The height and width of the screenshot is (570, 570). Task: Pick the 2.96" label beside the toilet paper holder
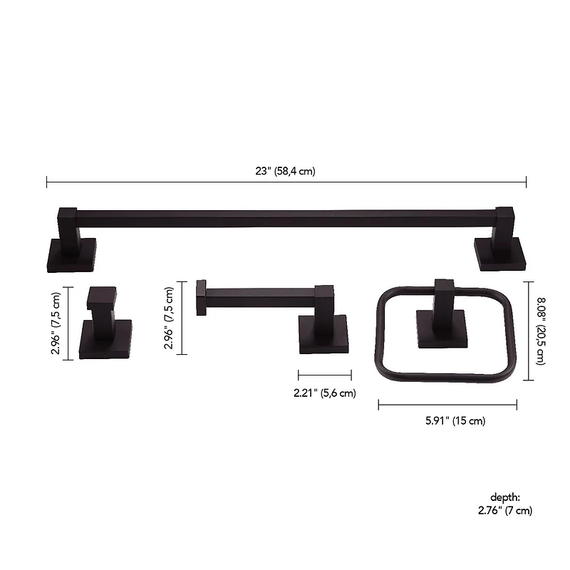pyautogui.click(x=169, y=318)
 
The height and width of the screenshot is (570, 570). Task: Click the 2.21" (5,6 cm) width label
pyautogui.click(x=325, y=393)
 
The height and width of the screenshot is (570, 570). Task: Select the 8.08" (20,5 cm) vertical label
pyautogui.click(x=541, y=331)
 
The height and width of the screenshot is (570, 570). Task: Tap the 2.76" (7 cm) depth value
pyautogui.click(x=504, y=510)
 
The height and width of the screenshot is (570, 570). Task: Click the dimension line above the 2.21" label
pyautogui.click(x=325, y=375)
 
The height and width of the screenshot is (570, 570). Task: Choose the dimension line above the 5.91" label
pyautogui.click(x=447, y=405)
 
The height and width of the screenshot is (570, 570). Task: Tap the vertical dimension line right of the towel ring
pyautogui.click(x=528, y=331)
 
